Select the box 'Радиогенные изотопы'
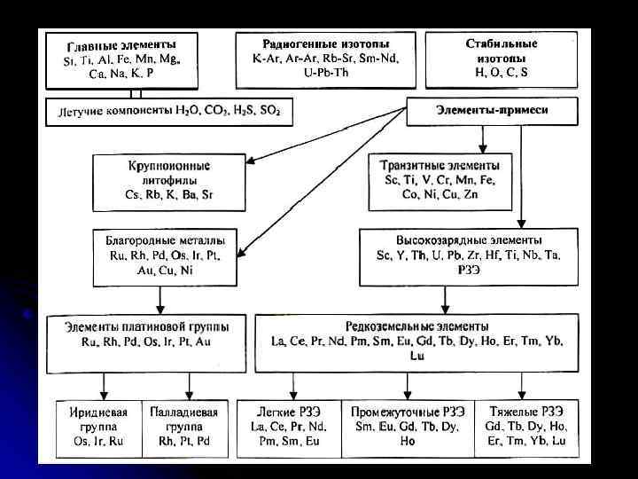(x=325, y=59)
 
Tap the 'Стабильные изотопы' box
(x=501, y=59)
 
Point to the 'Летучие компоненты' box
(x=168, y=113)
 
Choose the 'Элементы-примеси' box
(x=479, y=110)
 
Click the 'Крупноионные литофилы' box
(x=169, y=180)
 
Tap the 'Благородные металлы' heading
(x=165, y=239)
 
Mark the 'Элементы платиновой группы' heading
(x=146, y=326)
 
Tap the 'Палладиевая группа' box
(x=185, y=427)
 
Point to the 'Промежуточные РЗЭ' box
(x=405, y=427)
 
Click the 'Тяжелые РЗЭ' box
(x=525, y=427)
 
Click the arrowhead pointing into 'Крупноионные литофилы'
(x=251, y=160)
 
